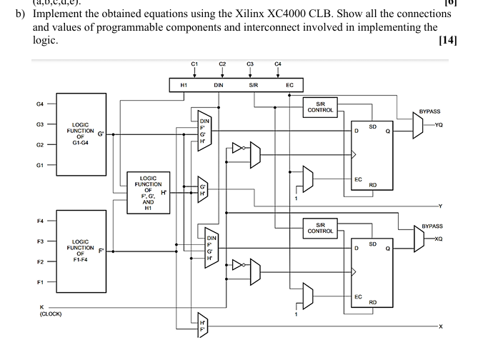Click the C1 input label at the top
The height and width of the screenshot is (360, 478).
pyautogui.click(x=194, y=64)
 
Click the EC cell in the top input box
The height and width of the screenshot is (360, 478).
pyautogui.click(x=289, y=86)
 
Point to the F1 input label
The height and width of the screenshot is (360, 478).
pyautogui.click(x=40, y=282)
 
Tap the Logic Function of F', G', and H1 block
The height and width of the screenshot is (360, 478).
pyautogui.click(x=148, y=191)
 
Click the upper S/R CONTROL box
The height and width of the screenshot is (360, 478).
pyautogui.click(x=320, y=107)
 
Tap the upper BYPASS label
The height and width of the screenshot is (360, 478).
pyautogui.click(x=429, y=111)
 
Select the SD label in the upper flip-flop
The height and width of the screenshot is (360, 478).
pyautogui.click(x=372, y=126)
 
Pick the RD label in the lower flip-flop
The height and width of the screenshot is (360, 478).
pyautogui.click(x=372, y=302)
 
